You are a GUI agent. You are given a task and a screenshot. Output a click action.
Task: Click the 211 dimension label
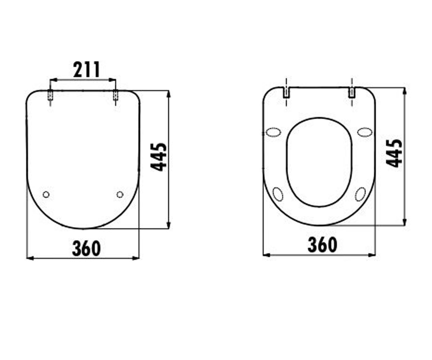click(x=87, y=69)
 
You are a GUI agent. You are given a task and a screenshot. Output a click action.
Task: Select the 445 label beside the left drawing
click(x=158, y=157)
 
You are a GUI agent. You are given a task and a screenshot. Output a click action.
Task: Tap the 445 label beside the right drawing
click(x=394, y=154)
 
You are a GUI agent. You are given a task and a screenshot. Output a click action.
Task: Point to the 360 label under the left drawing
click(x=86, y=248)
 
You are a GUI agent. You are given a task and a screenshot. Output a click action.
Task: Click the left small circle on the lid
click(x=46, y=194)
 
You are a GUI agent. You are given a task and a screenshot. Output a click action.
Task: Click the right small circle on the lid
click(x=120, y=194)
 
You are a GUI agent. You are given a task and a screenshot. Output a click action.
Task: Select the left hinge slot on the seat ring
click(x=286, y=92)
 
